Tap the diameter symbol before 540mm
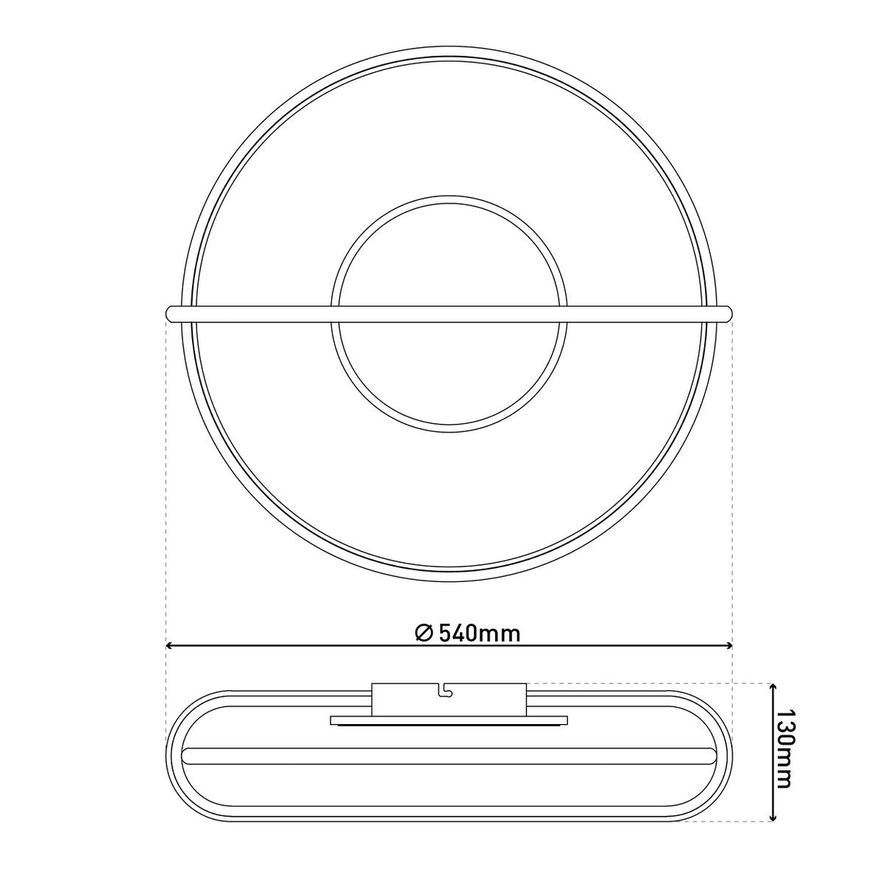425,634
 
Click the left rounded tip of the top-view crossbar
169,313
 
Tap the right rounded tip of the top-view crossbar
728,313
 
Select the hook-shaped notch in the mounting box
444,703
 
